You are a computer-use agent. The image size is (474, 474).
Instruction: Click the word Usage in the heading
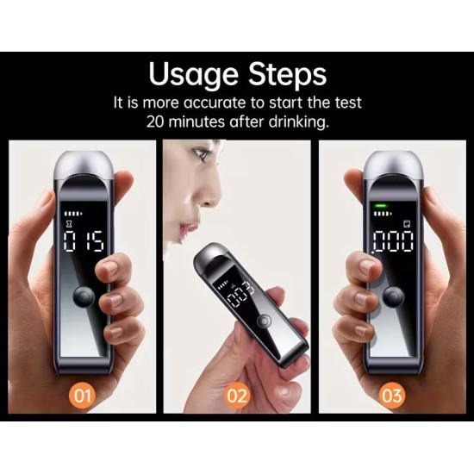pos(195,74)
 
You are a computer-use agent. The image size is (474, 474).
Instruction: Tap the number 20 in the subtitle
pos(159,122)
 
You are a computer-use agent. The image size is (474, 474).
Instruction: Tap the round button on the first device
pos(84,298)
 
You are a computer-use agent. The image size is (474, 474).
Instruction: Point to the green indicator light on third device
pos(378,206)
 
